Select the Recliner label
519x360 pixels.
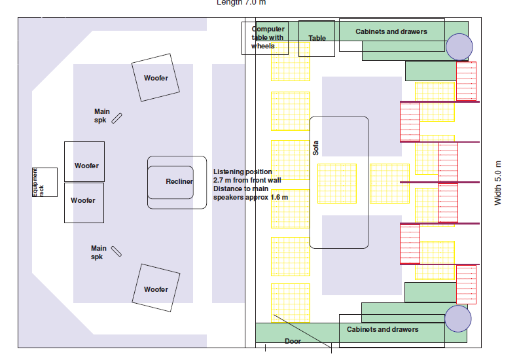tap(179, 181)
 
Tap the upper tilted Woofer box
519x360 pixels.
tap(156, 79)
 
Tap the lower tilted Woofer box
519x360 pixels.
tap(156, 289)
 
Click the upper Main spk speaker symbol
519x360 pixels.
tap(117, 118)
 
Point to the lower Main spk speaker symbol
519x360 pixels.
tap(116, 251)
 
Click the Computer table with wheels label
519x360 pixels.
tap(268, 37)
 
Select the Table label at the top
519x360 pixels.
tap(317, 39)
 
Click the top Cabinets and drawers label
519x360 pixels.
tap(391, 31)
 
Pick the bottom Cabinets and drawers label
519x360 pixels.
tap(382, 329)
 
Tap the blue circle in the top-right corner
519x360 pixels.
tap(459, 47)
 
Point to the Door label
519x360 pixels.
tap(293, 341)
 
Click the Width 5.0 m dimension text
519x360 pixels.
tap(498, 183)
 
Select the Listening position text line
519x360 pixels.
tap(243, 171)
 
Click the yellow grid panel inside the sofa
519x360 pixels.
tap(337, 183)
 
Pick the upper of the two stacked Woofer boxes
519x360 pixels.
tap(86, 166)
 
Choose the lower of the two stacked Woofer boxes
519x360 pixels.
tap(83, 201)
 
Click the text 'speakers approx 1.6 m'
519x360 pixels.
tap(251, 197)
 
